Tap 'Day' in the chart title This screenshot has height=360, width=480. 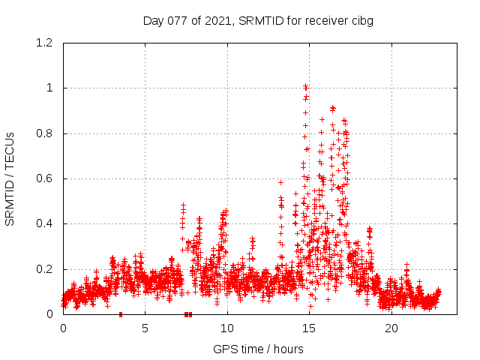pos(154,20)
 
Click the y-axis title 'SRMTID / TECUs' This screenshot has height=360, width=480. pos(10,178)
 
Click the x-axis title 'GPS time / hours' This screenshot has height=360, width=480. pos(258,349)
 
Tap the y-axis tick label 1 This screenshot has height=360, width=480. pos(50,88)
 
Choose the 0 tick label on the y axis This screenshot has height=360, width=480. pos(50,314)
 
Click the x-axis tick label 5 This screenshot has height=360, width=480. pos(145,328)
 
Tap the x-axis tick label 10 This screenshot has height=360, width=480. pos(226,328)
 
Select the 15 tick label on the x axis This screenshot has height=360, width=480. pos(309,328)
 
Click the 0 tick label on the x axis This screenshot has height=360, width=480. pos(63,328)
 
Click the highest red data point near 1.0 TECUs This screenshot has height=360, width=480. pos(305,85)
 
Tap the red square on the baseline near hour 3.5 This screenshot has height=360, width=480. pos(121,314)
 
